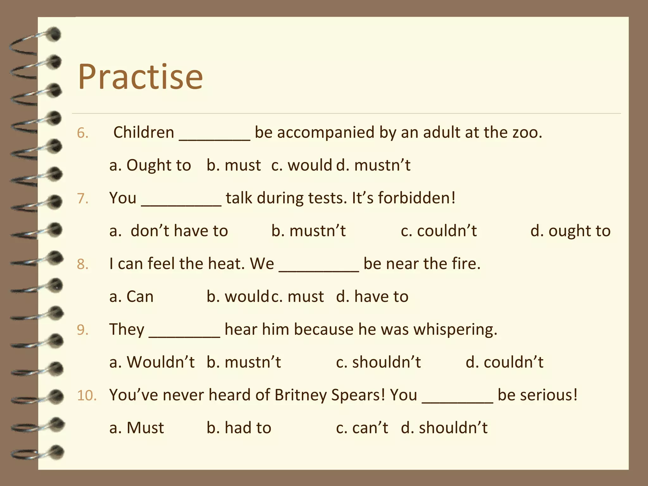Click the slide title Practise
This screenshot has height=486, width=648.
(140, 77)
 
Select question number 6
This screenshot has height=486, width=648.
(82, 133)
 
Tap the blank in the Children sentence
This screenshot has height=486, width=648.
(215, 134)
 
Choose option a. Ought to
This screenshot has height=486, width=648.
(150, 165)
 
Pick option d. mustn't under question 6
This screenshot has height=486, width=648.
(373, 165)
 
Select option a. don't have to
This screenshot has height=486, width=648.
(169, 231)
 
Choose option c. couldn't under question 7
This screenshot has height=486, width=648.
(439, 231)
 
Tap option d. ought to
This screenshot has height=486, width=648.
(570, 231)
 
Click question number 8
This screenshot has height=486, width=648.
(82, 264)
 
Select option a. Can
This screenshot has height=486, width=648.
(131, 297)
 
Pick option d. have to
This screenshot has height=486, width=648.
(372, 297)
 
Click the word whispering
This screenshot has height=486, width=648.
(455, 330)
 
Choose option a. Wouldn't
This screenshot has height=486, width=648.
(152, 362)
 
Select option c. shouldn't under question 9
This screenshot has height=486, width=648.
(378, 362)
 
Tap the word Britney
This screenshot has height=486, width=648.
(301, 395)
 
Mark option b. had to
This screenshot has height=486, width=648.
(239, 428)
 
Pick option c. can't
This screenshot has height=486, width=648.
(362, 428)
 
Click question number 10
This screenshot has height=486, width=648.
(87, 396)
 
